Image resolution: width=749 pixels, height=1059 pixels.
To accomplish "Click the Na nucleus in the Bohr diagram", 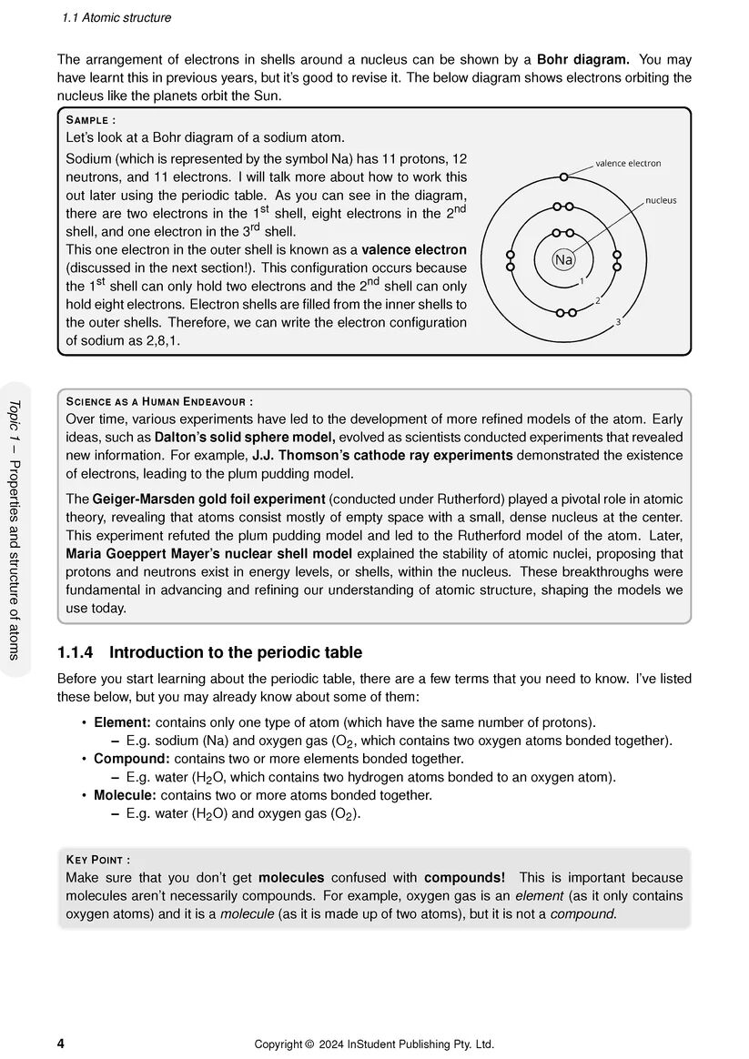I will click(563, 260).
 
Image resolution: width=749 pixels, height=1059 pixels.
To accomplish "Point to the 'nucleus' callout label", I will click(661, 200).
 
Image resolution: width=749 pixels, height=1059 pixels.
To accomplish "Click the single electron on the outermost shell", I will click(564, 176).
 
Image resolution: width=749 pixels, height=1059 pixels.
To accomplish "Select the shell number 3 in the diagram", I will click(618, 322).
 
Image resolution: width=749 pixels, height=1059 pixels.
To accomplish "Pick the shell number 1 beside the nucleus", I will click(582, 281).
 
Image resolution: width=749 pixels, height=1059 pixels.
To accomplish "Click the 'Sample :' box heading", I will click(91, 120).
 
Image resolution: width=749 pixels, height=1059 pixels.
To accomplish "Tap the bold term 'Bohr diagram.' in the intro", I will click(582, 60).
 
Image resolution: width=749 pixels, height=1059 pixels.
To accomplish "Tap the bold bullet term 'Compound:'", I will click(132, 759).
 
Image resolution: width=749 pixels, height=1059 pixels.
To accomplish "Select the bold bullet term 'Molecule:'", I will click(126, 795).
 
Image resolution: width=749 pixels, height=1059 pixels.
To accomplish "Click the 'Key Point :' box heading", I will click(98, 860).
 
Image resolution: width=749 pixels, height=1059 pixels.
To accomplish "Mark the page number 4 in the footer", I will click(61, 1044).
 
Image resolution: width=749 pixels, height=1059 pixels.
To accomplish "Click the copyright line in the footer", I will click(374, 1044).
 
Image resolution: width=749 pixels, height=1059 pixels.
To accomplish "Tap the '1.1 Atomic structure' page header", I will click(116, 18).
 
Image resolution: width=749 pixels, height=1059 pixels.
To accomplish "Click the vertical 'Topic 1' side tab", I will click(15, 528).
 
